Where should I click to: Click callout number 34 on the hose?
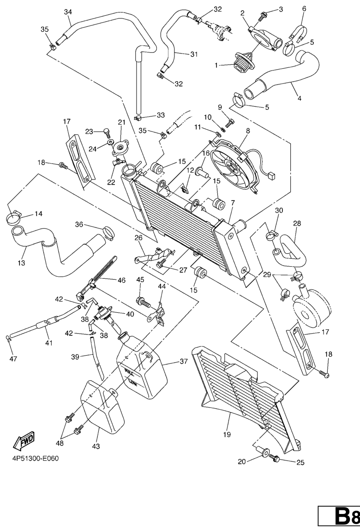point(68,12)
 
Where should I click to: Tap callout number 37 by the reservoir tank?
point(183,362)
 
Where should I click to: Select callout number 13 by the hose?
point(22,263)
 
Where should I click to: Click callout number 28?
point(297,223)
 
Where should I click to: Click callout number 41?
point(48,343)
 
